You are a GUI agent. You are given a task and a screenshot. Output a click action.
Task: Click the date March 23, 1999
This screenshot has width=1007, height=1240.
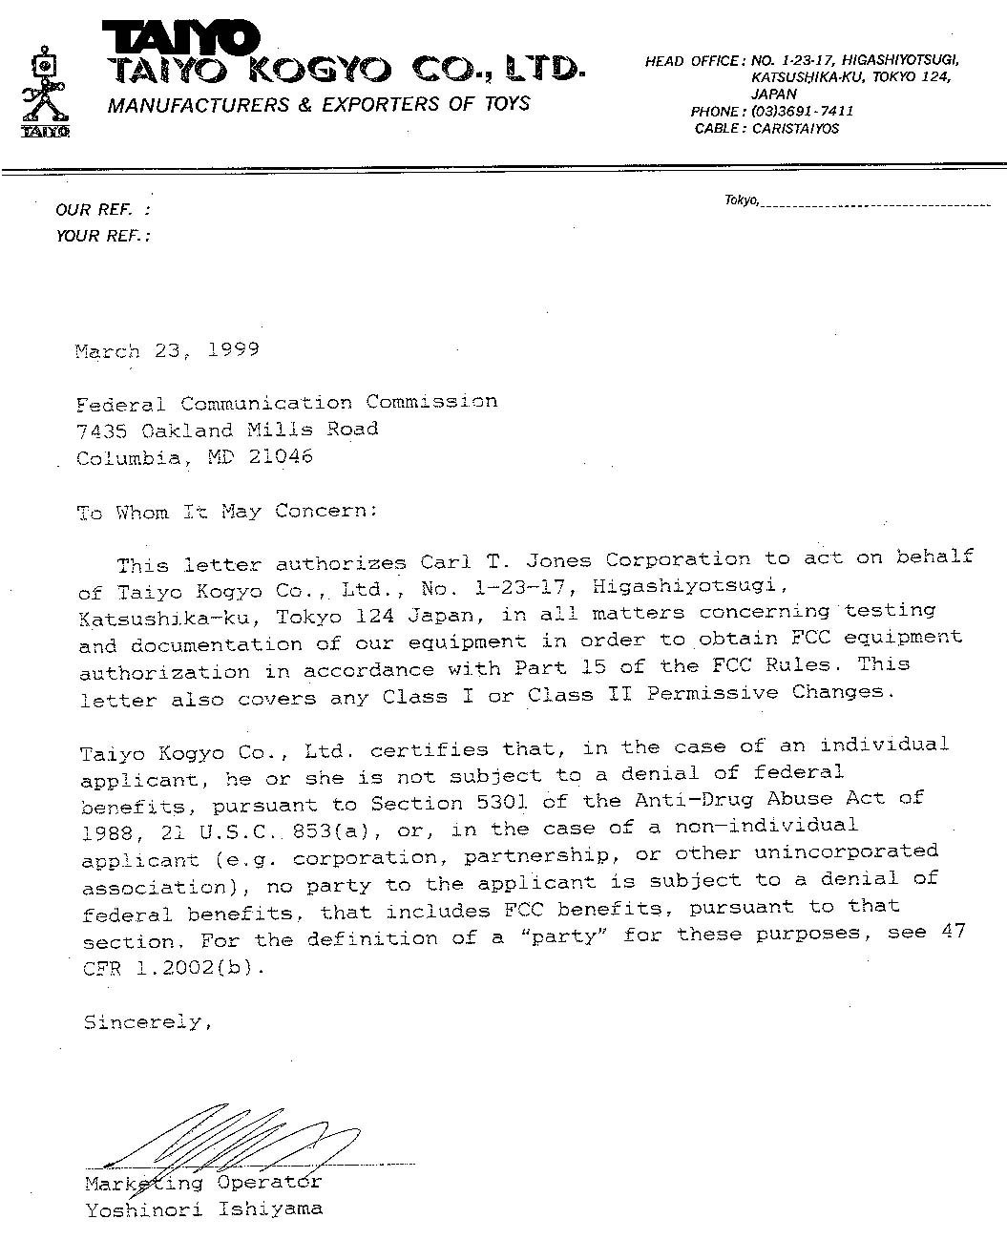(167, 350)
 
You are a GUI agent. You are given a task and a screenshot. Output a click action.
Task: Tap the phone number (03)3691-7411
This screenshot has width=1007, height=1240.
(803, 111)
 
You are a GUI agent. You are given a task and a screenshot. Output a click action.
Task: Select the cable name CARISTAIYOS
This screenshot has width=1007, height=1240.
(796, 128)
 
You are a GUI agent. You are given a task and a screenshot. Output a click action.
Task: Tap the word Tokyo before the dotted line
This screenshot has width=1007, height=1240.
(741, 200)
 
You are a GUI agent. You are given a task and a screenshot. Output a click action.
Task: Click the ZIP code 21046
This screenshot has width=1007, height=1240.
(281, 457)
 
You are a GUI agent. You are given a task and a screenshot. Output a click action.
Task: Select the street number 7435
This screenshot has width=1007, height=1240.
(100, 430)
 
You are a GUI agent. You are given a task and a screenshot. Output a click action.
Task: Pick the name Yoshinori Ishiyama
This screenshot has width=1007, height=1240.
(203, 1209)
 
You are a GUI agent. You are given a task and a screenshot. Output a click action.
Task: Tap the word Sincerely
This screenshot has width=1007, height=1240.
(143, 1022)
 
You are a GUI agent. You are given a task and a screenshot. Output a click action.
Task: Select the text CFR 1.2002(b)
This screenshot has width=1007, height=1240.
(169, 967)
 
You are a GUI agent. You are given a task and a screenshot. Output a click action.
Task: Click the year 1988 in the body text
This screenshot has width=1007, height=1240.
(107, 832)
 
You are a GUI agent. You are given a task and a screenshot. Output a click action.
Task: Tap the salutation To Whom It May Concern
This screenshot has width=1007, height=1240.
(226, 512)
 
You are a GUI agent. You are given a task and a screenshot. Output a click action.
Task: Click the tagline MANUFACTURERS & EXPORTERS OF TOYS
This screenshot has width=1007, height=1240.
(318, 104)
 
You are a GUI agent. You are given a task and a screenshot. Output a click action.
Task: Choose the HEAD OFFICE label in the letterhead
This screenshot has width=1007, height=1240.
(693, 61)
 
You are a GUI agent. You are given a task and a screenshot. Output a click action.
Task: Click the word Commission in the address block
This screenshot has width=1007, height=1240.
(431, 402)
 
